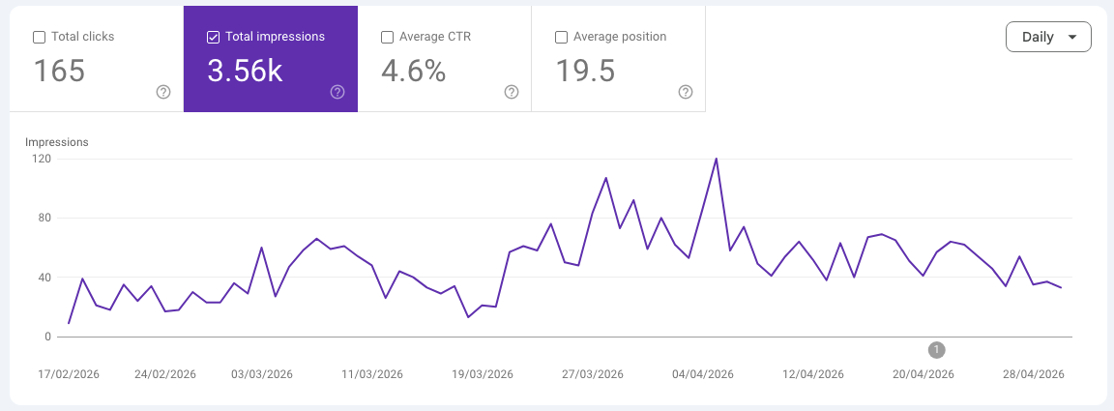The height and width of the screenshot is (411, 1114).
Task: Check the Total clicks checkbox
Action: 39,37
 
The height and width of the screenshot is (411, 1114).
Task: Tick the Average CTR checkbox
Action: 387,37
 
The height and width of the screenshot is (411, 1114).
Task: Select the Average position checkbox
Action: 561,37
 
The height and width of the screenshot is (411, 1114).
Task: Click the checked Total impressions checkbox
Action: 213,37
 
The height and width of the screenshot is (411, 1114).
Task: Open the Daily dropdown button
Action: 1048,37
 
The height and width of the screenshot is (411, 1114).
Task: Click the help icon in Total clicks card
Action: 163,92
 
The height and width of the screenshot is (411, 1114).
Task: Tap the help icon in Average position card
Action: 686,92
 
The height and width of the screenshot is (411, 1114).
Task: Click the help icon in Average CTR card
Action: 512,92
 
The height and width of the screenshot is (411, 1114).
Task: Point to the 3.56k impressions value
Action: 245,72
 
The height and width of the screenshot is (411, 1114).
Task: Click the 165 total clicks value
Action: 59,72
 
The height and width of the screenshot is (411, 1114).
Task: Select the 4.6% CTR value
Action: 414,72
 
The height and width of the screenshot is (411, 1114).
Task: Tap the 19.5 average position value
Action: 585,72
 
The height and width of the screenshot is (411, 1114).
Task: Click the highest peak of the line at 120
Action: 716,159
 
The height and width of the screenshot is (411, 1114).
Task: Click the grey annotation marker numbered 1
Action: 937,350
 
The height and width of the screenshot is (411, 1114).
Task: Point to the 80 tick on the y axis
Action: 44,219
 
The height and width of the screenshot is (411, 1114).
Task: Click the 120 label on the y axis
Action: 42,159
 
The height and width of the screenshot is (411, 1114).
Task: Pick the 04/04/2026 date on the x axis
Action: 703,375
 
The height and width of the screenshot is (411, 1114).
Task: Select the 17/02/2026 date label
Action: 69,375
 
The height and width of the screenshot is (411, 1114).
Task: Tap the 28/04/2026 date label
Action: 1034,375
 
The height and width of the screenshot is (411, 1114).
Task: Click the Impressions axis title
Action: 57,142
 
